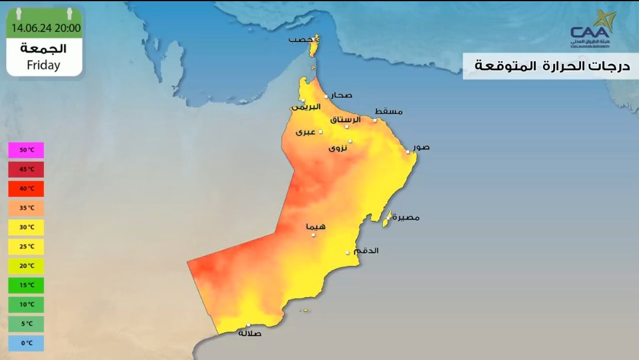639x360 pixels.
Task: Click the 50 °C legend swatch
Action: tap(26, 150)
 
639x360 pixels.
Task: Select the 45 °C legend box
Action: tap(26, 169)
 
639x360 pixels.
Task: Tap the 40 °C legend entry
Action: tap(26, 189)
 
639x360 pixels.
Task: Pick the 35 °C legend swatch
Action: tap(26, 208)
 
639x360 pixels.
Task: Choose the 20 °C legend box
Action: tap(26, 266)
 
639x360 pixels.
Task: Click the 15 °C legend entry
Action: tap(26, 285)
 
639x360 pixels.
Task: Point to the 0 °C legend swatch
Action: tap(26, 343)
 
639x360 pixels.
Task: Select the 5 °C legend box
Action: tap(26, 324)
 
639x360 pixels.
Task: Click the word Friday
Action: tap(43, 65)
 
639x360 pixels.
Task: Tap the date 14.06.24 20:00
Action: tap(46, 27)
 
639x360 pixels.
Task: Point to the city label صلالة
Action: tap(249, 333)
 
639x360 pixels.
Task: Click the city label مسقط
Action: tap(389, 111)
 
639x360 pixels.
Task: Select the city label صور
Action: tap(422, 147)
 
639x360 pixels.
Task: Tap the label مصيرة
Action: tap(406, 217)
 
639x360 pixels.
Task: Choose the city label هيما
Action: tap(315, 227)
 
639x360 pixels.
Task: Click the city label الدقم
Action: tap(366, 250)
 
